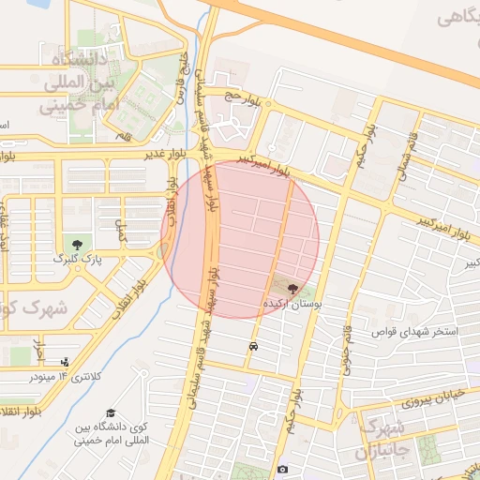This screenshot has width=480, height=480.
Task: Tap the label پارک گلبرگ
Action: click(x=70, y=258)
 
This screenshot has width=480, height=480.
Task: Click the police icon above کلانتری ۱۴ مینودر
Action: click(x=64, y=362)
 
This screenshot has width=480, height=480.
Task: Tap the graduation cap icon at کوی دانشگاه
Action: click(x=112, y=413)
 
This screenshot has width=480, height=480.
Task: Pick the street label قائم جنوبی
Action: click(x=346, y=345)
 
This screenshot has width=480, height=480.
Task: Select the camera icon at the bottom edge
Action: click(x=282, y=469)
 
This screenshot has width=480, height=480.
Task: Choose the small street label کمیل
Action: click(x=119, y=231)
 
